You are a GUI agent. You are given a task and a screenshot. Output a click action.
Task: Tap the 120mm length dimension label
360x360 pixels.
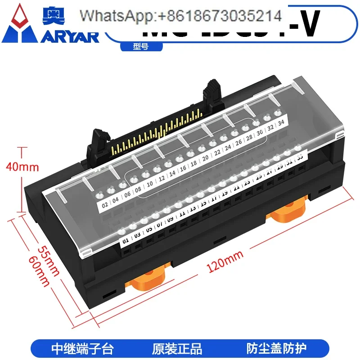pyautogui.click(x=225, y=261)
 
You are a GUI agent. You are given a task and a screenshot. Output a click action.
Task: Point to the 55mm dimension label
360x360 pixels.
pyautogui.click(x=48, y=261)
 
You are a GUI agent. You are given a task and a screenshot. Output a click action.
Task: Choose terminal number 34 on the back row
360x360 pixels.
pyautogui.click(x=281, y=122)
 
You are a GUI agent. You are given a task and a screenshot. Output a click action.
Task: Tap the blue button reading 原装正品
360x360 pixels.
pyautogui.click(x=180, y=348)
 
